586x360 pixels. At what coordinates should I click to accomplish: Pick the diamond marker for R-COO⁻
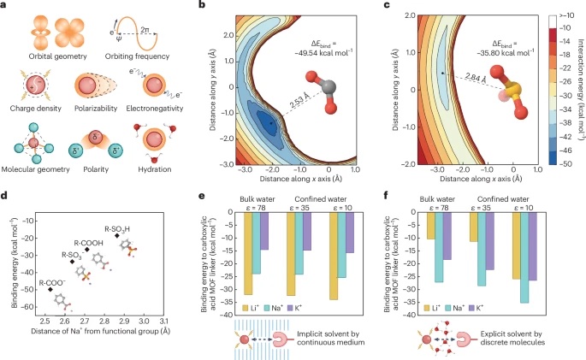(50, 290)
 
